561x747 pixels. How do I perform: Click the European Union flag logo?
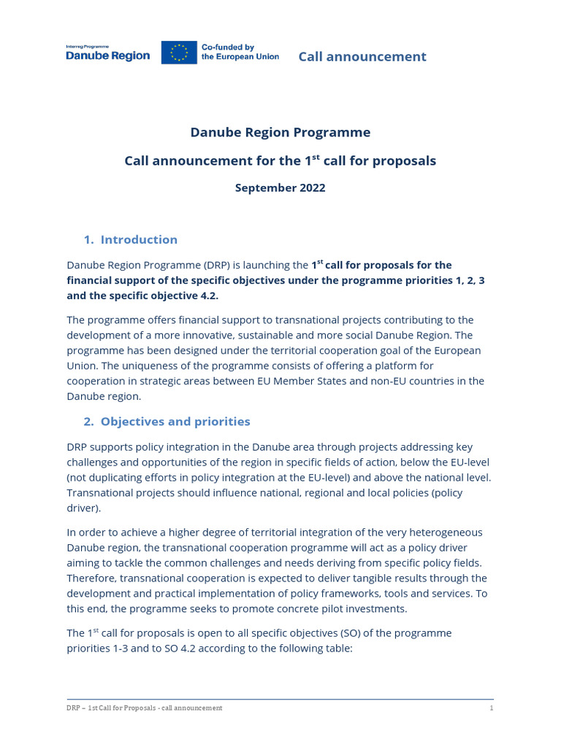click(x=179, y=53)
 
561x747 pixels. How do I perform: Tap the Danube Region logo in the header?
click(x=107, y=53)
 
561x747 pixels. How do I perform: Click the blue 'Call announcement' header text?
click(x=362, y=56)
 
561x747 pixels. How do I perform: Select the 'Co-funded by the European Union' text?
click(x=240, y=52)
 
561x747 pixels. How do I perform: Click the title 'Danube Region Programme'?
click(x=280, y=132)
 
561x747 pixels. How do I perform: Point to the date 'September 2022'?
click(x=280, y=187)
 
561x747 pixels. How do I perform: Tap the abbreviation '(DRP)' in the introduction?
click(x=213, y=265)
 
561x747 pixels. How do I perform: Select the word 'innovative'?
click(x=230, y=335)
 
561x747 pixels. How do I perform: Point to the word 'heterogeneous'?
click(x=445, y=532)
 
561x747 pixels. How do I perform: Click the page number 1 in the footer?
click(x=491, y=708)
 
